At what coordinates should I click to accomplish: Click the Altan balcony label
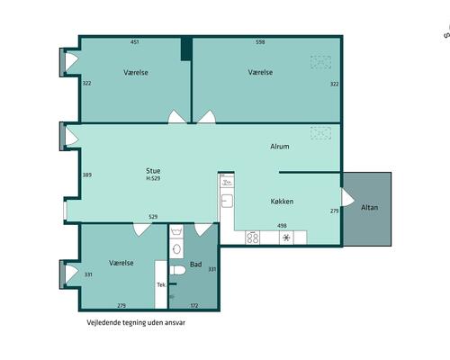(369, 207)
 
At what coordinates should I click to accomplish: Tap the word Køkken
(282, 202)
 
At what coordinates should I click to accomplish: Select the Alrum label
(280, 147)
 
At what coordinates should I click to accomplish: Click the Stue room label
(153, 171)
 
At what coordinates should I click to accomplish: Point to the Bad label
(195, 265)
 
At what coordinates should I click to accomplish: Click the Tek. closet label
(161, 284)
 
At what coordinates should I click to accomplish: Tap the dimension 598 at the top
(260, 42)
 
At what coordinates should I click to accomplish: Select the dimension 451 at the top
(135, 42)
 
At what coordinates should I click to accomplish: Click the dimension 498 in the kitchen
(282, 226)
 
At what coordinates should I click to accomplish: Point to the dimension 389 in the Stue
(87, 175)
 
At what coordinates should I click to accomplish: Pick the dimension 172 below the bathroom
(194, 306)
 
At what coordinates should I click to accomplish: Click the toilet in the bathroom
(177, 270)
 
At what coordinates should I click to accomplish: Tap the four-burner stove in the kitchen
(253, 238)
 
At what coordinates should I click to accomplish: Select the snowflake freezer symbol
(286, 238)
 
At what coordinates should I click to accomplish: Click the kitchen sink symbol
(227, 201)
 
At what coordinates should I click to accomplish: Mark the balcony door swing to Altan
(348, 197)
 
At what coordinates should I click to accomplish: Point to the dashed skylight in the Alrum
(320, 133)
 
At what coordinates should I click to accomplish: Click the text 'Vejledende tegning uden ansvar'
(136, 323)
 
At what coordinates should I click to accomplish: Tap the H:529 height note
(153, 178)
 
